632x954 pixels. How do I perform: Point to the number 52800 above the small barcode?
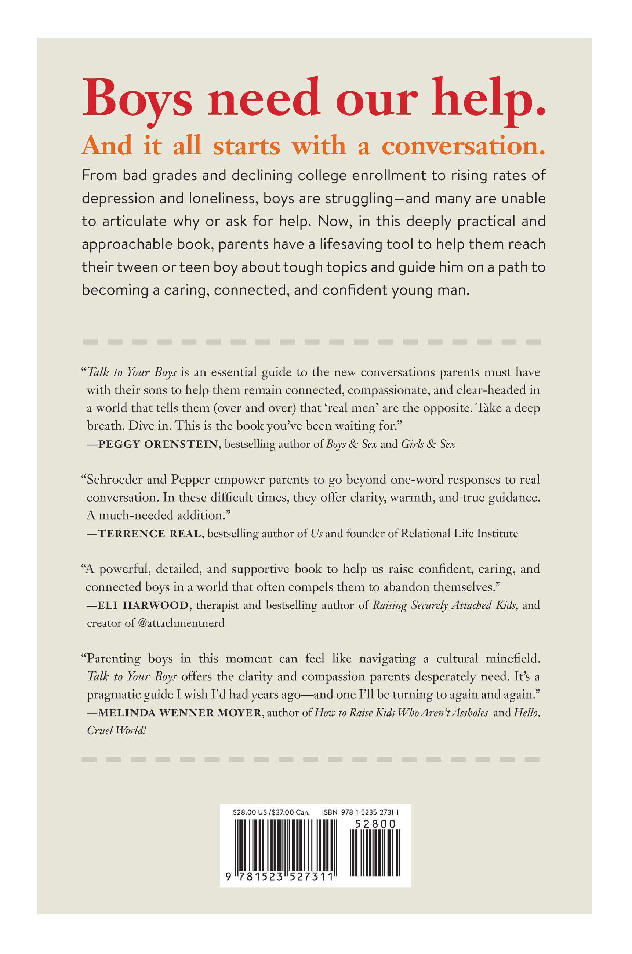point(375,824)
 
